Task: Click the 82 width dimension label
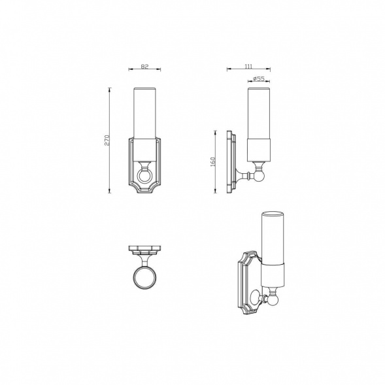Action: tap(144, 66)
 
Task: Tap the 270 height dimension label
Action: tap(107, 140)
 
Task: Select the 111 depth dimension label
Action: tap(248, 66)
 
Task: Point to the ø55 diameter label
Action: tap(259, 78)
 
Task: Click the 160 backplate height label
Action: tap(212, 162)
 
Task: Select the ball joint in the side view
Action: tap(259, 176)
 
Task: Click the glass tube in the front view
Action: tap(144, 113)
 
